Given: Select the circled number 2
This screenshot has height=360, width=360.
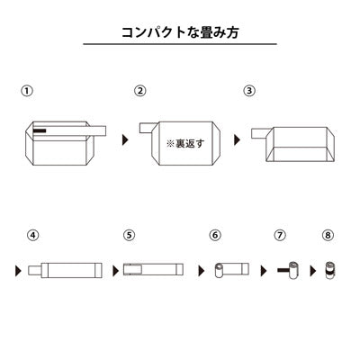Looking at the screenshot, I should pyautogui.click(x=140, y=92).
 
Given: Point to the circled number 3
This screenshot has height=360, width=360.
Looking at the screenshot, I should pyautogui.click(x=249, y=92).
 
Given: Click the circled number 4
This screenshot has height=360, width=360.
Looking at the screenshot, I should pyautogui.click(x=32, y=236).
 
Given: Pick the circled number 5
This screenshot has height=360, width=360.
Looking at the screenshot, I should pyautogui.click(x=129, y=236).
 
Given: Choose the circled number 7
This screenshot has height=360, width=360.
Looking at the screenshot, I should pyautogui.click(x=280, y=236).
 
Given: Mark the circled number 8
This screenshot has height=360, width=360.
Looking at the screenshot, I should pyautogui.click(x=327, y=236).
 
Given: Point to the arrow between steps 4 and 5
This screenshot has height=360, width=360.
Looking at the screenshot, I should pyautogui.click(x=115, y=268).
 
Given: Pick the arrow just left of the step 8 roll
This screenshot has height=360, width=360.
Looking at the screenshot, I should pyautogui.click(x=314, y=268).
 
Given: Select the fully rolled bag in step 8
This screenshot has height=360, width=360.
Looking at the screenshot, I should pyautogui.click(x=329, y=268).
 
